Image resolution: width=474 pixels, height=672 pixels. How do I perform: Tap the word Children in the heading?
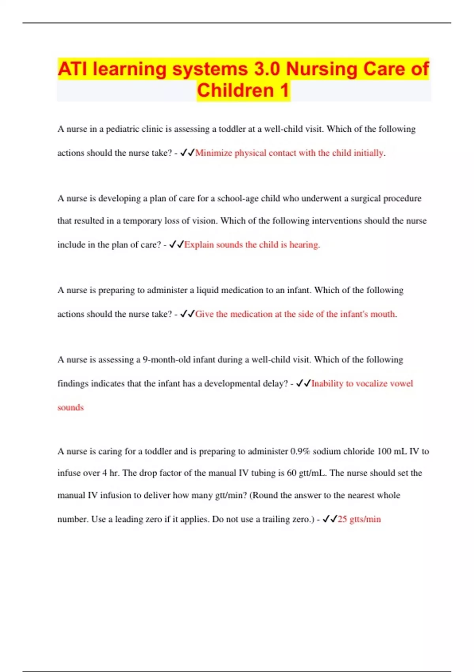(235, 90)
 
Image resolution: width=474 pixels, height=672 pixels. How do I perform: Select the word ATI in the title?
(73, 69)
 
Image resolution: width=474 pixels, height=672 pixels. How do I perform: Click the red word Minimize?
(213, 153)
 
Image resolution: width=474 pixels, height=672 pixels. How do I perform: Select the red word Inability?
(327, 383)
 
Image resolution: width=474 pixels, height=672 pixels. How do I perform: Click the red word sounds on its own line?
(71, 408)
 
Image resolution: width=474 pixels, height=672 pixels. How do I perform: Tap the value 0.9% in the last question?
(300, 451)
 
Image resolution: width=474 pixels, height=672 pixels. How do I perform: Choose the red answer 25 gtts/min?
(359, 519)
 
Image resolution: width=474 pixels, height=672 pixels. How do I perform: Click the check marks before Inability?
(303, 383)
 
